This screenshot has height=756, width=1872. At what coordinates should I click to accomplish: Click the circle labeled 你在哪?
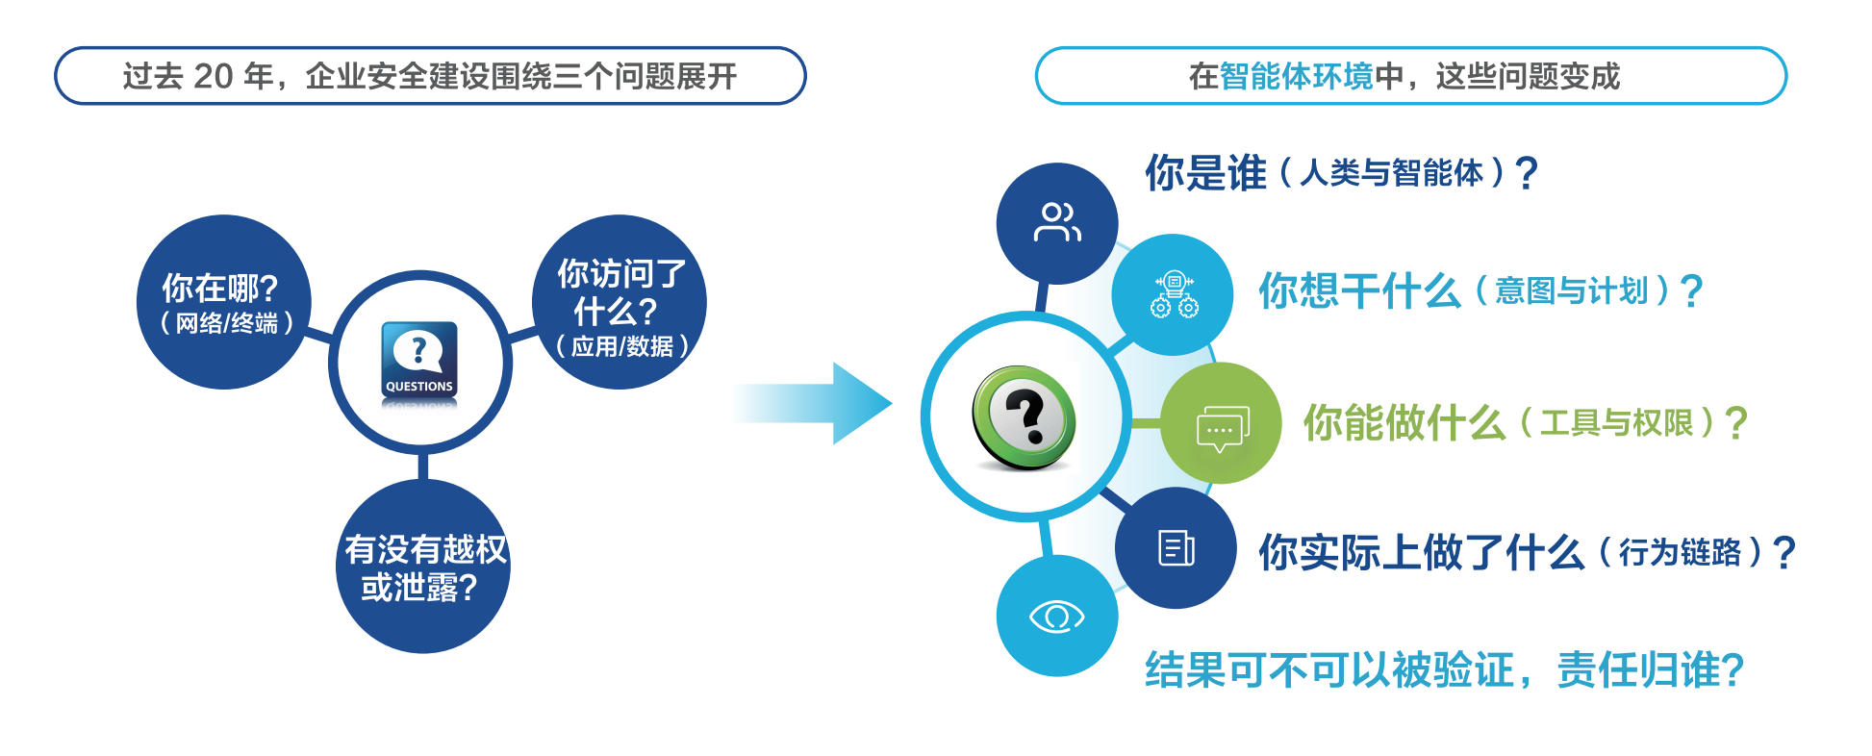(223, 301)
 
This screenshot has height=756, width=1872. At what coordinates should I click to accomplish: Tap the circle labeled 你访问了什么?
(620, 301)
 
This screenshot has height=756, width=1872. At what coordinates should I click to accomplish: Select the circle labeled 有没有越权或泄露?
(423, 567)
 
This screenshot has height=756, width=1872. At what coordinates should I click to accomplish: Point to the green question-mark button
(1024, 417)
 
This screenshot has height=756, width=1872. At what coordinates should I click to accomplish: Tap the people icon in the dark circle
(1056, 222)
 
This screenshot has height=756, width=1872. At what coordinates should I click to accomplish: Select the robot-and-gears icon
(1174, 294)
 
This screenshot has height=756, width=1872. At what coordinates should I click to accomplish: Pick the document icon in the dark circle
(1176, 547)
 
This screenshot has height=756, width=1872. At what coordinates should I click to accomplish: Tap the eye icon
(1056, 617)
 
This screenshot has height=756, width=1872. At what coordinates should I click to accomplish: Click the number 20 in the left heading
(213, 76)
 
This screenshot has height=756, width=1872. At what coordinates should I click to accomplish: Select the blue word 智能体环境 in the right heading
(1296, 76)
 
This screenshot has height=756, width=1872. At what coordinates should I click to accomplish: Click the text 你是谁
(1205, 173)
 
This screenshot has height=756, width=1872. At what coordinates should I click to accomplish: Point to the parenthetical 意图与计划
(1571, 290)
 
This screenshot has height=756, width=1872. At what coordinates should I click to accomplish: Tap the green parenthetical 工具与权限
(1616, 422)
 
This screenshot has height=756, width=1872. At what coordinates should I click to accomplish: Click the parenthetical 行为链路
(1680, 552)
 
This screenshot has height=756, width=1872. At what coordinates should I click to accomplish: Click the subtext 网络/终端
(226, 323)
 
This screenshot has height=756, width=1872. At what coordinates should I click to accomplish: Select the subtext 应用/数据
(622, 346)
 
